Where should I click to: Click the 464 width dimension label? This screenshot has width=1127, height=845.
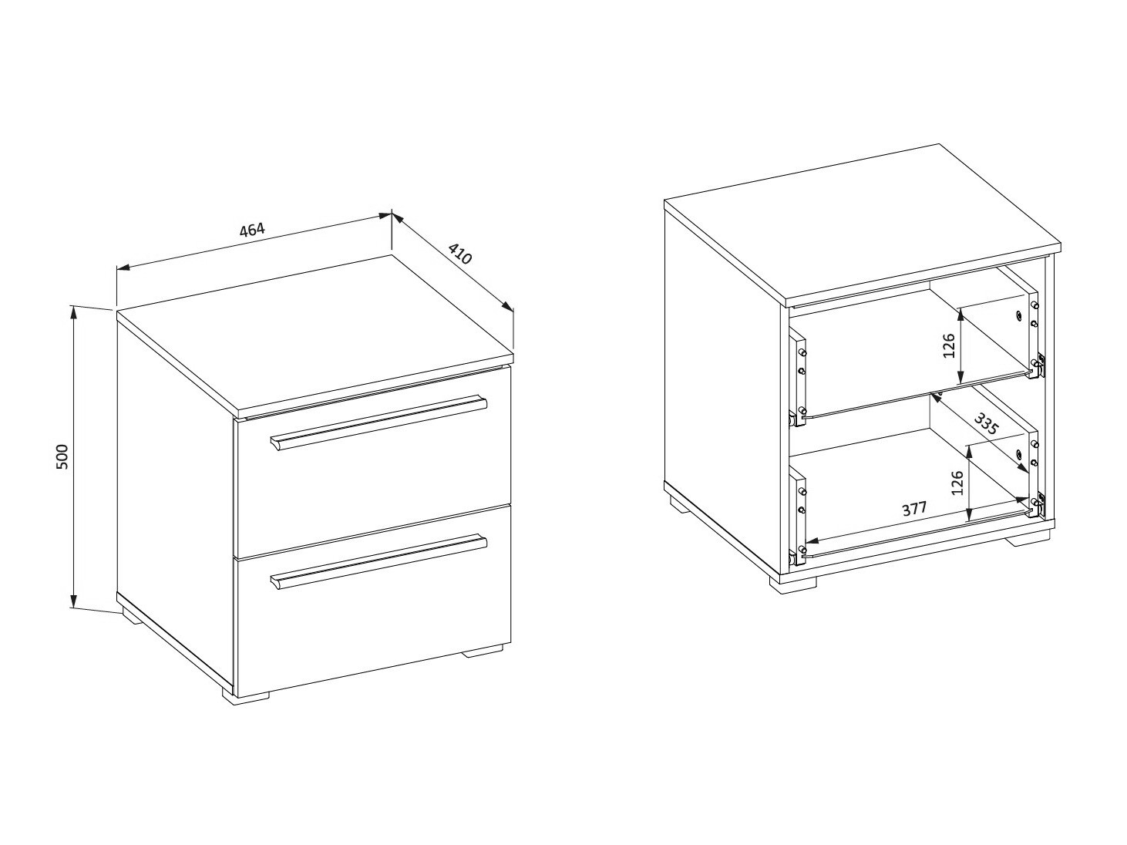[253, 229]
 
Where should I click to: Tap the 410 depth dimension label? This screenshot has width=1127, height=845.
[459, 254]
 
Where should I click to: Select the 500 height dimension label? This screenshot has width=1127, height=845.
[62, 457]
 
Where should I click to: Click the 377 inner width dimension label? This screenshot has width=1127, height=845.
[914, 509]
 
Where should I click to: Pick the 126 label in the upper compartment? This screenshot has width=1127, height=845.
[948, 345]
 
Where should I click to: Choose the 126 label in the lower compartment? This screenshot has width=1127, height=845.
[957, 483]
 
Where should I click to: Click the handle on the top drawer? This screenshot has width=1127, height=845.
[378, 422]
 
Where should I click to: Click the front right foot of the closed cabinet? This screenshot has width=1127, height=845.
[483, 654]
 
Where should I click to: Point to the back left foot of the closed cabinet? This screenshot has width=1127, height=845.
[132, 617]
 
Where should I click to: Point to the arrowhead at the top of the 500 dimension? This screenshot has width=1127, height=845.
[74, 312]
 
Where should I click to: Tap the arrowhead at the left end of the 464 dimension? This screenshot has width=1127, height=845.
[123, 268]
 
